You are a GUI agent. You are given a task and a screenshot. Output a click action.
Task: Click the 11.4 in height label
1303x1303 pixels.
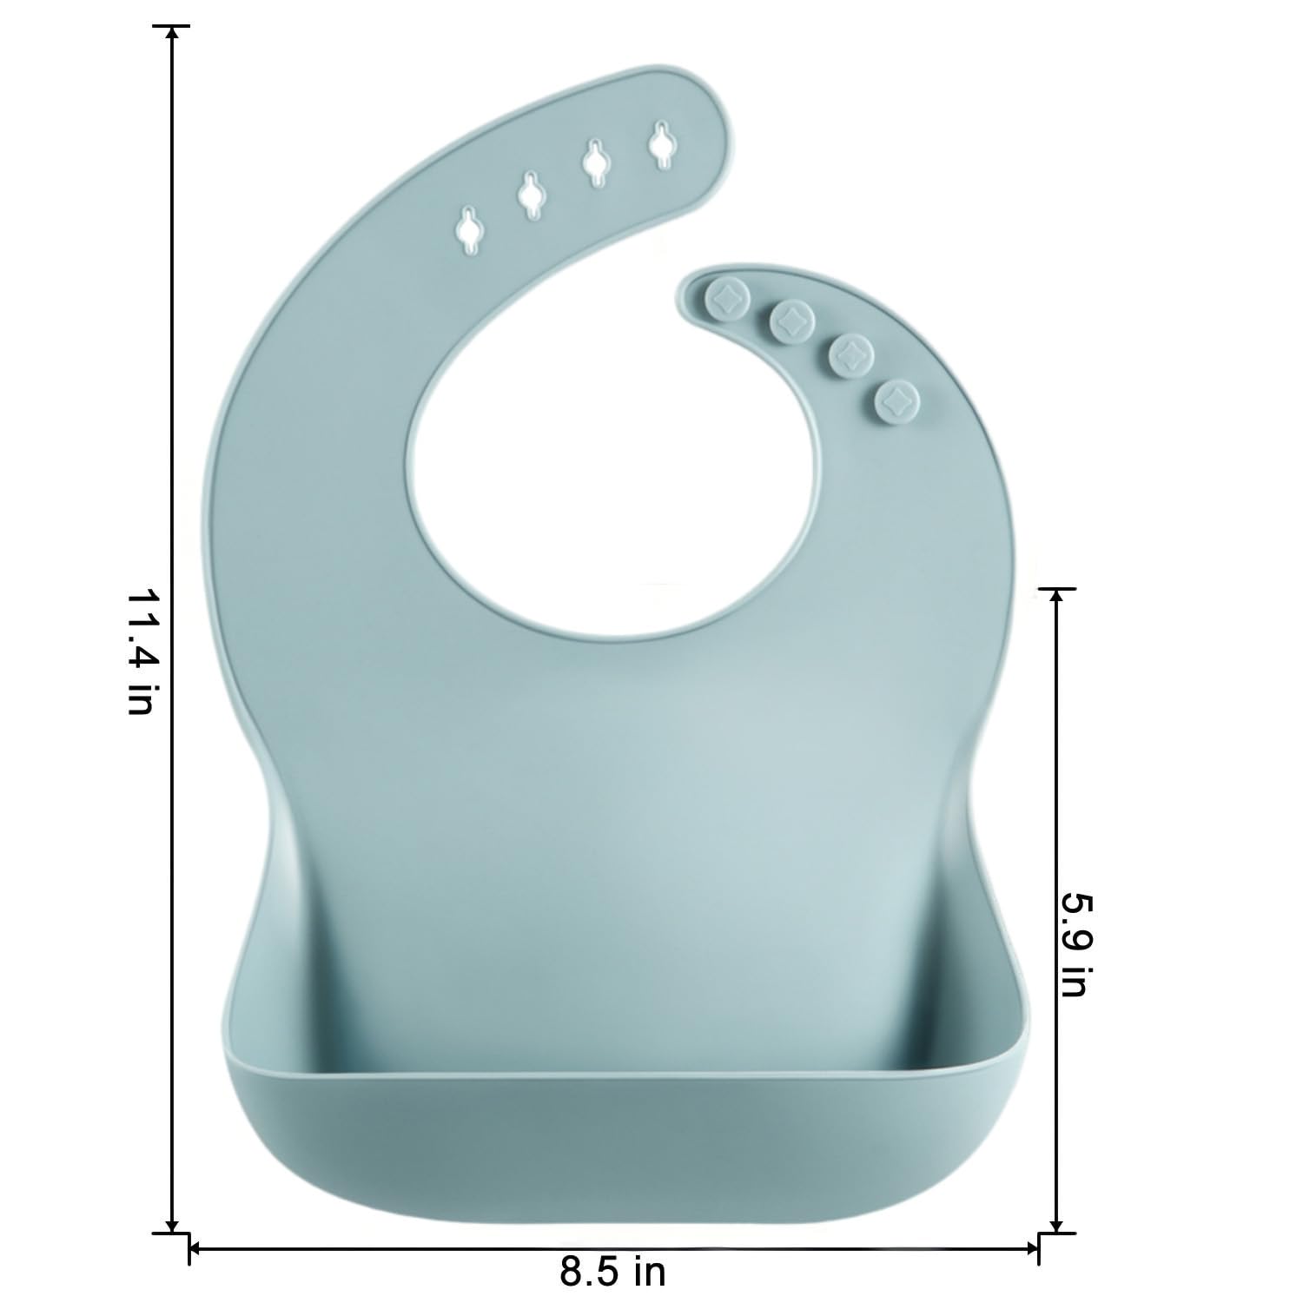click(139, 651)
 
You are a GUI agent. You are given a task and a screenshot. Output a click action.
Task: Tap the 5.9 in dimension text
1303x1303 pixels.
click(1075, 941)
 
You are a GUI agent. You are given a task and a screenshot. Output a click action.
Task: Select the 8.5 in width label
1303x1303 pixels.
click(612, 1273)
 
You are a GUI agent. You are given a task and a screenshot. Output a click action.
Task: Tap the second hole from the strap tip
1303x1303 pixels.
click(596, 162)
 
